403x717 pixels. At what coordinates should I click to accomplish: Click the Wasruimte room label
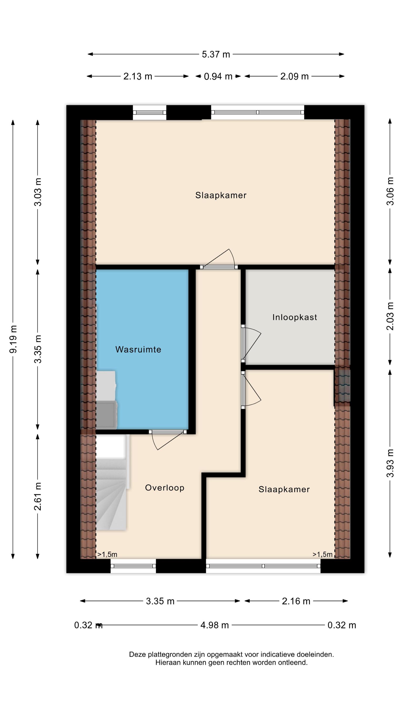tap(138, 349)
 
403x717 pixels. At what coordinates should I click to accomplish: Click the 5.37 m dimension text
tap(216, 54)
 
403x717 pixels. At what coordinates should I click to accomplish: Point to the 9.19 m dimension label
tap(13, 339)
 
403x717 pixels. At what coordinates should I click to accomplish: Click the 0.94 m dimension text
tap(218, 76)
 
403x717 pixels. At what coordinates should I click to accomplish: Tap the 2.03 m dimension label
tap(390, 316)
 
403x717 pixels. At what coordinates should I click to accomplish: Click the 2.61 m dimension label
tap(37, 496)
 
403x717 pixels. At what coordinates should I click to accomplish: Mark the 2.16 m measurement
tap(296, 601)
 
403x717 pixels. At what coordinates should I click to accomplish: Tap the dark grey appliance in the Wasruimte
tap(106, 414)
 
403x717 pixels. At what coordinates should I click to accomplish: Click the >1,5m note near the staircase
tap(107, 554)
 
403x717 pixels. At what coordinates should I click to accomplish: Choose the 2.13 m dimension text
tap(138, 76)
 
